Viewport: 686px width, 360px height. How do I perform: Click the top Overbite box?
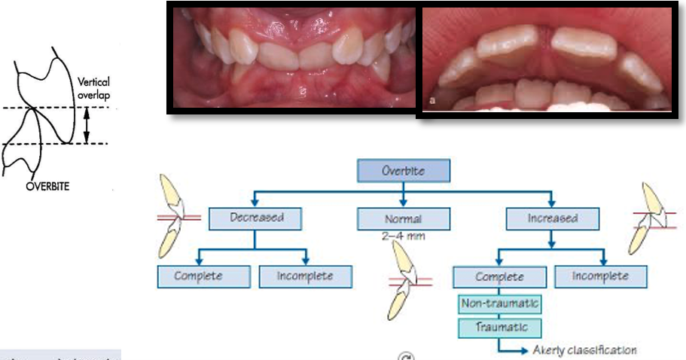click(x=403, y=171)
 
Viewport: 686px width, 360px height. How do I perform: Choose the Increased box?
click(x=552, y=218)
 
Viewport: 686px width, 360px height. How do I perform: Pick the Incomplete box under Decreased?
click(x=304, y=276)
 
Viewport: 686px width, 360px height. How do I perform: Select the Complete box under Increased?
click(x=499, y=276)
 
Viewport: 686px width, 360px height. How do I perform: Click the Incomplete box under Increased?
click(x=600, y=276)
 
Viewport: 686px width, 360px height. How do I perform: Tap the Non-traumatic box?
click(x=500, y=304)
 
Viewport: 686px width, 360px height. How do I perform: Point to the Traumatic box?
click(x=500, y=328)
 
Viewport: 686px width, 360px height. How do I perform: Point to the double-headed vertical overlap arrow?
click(x=86, y=125)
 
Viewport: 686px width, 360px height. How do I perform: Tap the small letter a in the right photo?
click(x=430, y=99)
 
